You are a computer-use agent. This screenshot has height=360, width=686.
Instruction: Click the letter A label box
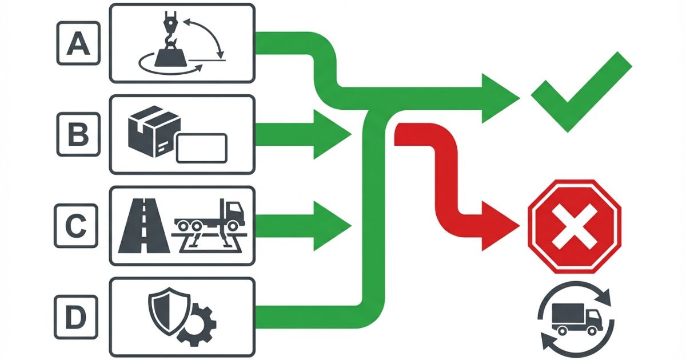78,43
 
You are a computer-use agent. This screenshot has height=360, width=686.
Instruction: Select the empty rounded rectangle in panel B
201,147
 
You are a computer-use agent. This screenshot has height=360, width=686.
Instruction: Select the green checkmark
580,91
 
